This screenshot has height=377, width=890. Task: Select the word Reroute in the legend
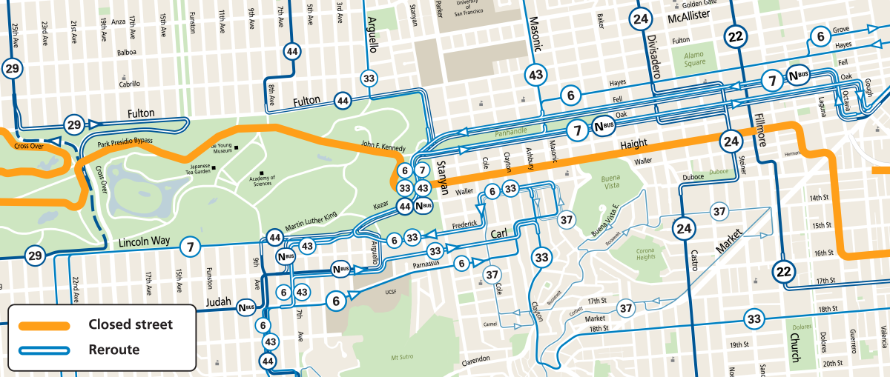pos(113,350)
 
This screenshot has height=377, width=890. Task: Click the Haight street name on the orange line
pos(630,143)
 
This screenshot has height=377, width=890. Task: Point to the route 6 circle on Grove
pos(820,36)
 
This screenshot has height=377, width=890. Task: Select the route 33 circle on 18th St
pos(754,320)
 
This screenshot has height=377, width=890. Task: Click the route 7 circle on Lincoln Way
pos(191,247)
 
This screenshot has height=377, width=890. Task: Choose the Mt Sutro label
pos(401,358)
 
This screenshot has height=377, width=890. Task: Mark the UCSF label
pos(392,292)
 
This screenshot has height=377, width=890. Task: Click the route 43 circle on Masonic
pos(536,75)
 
